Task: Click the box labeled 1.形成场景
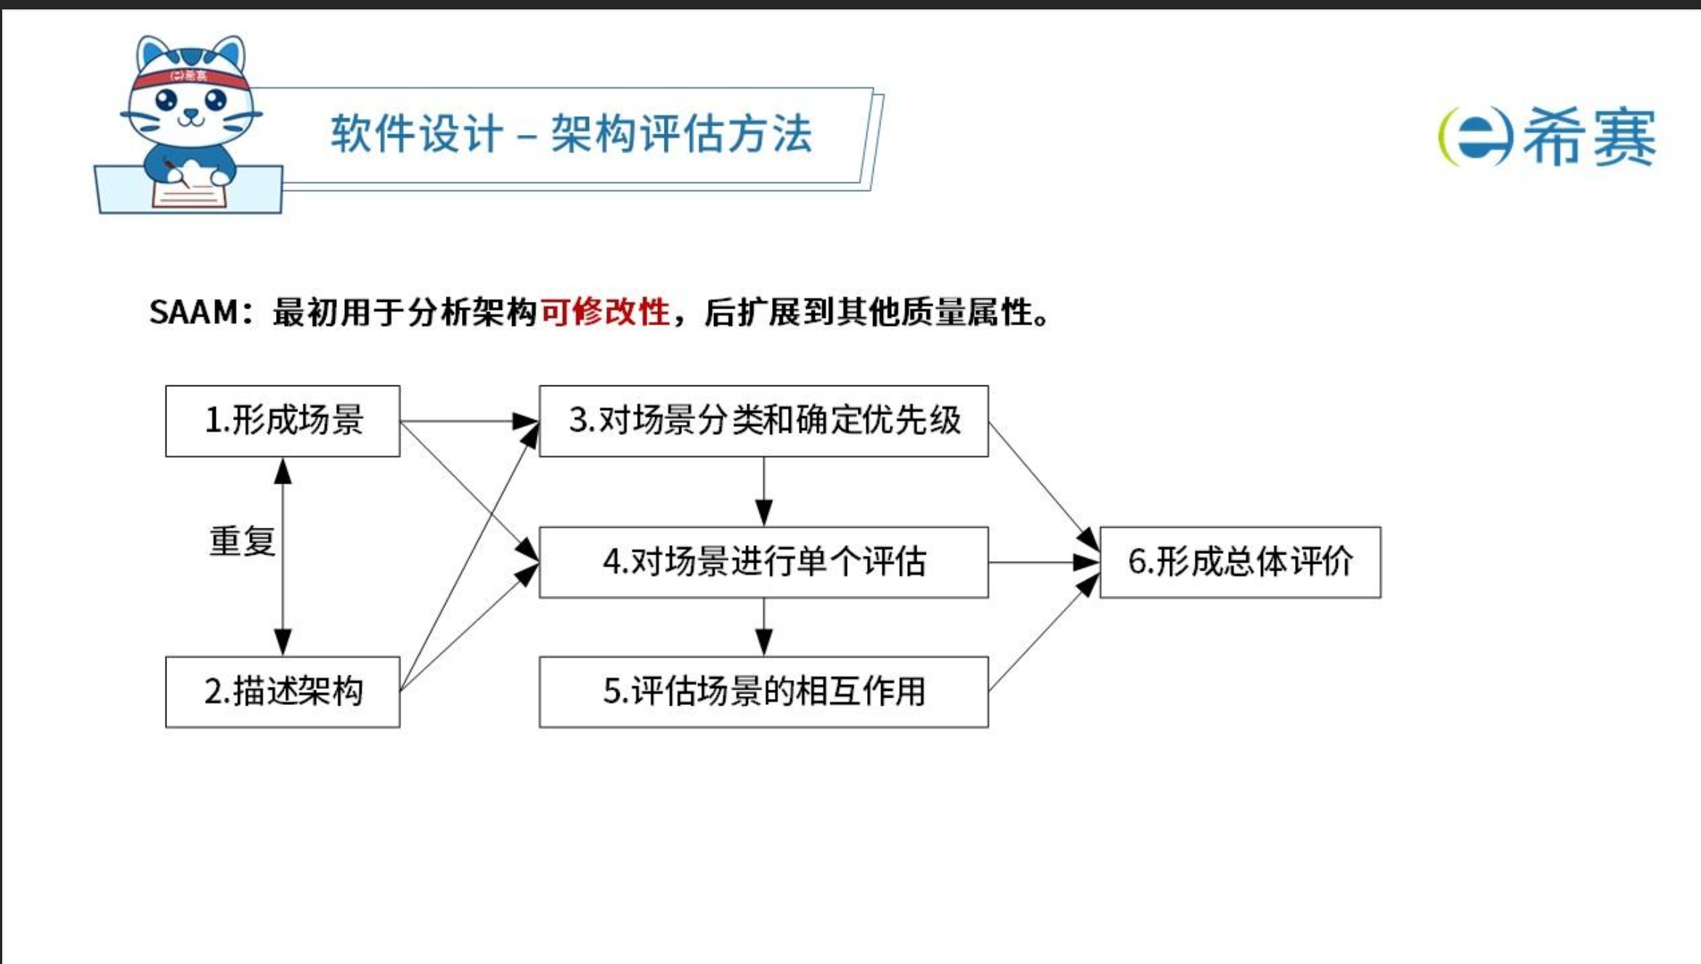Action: [283, 421]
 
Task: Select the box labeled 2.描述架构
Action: [283, 692]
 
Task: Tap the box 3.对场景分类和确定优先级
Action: [763, 421]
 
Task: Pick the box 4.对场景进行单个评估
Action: [763, 563]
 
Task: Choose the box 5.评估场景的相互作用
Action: [763, 692]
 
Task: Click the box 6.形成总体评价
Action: [1240, 563]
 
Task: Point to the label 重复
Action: [242, 542]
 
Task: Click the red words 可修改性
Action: [604, 312]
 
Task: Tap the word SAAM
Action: [193, 312]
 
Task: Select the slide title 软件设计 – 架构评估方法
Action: [571, 134]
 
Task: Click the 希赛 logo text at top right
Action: [1589, 137]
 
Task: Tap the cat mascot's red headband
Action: [190, 77]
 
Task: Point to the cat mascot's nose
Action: [190, 113]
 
